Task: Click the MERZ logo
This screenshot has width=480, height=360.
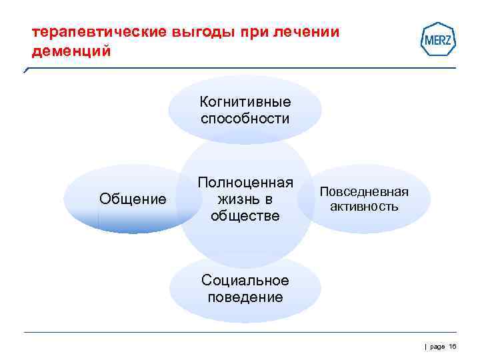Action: pos(439,39)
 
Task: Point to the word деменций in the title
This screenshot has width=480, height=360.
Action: pos(68,51)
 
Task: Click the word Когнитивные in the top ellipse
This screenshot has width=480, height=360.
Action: pos(245,102)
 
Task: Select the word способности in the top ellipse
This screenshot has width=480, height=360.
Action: pos(245,119)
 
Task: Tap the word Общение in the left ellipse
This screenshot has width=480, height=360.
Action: pos(133,199)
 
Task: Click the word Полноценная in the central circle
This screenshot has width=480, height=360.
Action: pos(245,183)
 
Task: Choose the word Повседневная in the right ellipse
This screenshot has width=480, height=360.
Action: pos(364,191)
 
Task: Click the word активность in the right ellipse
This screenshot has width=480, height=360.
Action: pos(364,207)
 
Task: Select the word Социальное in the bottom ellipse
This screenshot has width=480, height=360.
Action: pos(245,281)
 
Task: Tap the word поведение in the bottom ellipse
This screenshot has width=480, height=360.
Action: pos(245,297)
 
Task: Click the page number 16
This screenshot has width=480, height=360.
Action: pos(452,347)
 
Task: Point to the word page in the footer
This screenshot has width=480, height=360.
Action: pos(437,347)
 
